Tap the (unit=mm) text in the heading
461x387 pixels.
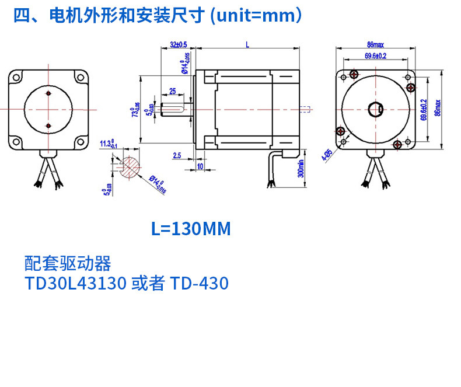pos(256,16)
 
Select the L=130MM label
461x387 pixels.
pos(191,229)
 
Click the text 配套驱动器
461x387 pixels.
pos(68,263)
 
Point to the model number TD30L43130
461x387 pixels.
pos(76,284)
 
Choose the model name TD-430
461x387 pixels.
pos(199,284)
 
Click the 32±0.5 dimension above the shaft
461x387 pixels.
pos(178,44)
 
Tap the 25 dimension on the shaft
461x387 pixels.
pos(172,91)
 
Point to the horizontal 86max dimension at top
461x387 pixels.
pos(375,44)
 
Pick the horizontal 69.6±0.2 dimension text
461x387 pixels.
pos(376,56)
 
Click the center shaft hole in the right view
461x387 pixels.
pos(375,109)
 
